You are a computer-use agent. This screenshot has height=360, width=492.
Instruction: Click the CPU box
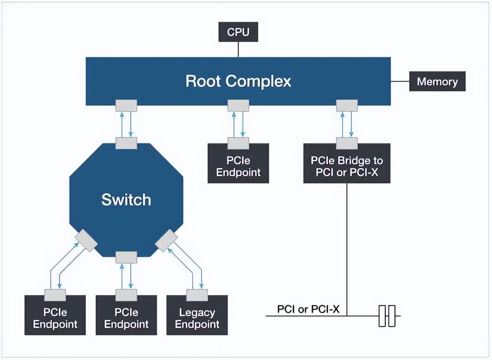[x=238, y=32]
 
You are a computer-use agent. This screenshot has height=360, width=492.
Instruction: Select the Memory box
[x=437, y=81]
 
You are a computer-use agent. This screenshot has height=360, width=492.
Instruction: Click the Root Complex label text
[x=238, y=81]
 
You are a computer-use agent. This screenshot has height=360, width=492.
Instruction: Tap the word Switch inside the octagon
[x=126, y=199]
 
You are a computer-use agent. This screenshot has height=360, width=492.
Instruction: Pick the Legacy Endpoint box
[x=197, y=318]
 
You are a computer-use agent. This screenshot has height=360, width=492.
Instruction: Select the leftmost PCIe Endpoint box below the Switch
[x=55, y=318]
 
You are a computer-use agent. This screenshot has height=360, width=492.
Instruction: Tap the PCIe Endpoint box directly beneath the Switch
[x=126, y=318]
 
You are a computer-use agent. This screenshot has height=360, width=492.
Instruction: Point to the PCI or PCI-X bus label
[x=308, y=309]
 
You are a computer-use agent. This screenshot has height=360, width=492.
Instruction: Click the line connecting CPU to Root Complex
[x=239, y=49]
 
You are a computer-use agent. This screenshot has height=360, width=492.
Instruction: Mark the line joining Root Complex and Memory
[x=400, y=81]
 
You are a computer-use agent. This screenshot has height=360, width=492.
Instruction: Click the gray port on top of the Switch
[x=126, y=143]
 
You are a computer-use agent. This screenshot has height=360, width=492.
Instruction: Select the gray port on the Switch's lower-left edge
[x=86, y=241]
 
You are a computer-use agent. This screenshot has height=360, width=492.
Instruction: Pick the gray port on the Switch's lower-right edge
[x=166, y=241]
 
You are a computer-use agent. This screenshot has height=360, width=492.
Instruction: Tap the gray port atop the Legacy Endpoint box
[x=197, y=295]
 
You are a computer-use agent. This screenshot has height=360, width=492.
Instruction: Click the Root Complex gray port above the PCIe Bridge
[x=347, y=105]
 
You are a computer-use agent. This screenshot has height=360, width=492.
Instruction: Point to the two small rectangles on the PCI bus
[x=387, y=316]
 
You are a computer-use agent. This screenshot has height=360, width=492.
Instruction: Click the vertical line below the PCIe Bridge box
[x=347, y=247]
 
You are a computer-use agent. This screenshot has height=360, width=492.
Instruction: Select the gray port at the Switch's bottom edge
[x=126, y=257]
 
